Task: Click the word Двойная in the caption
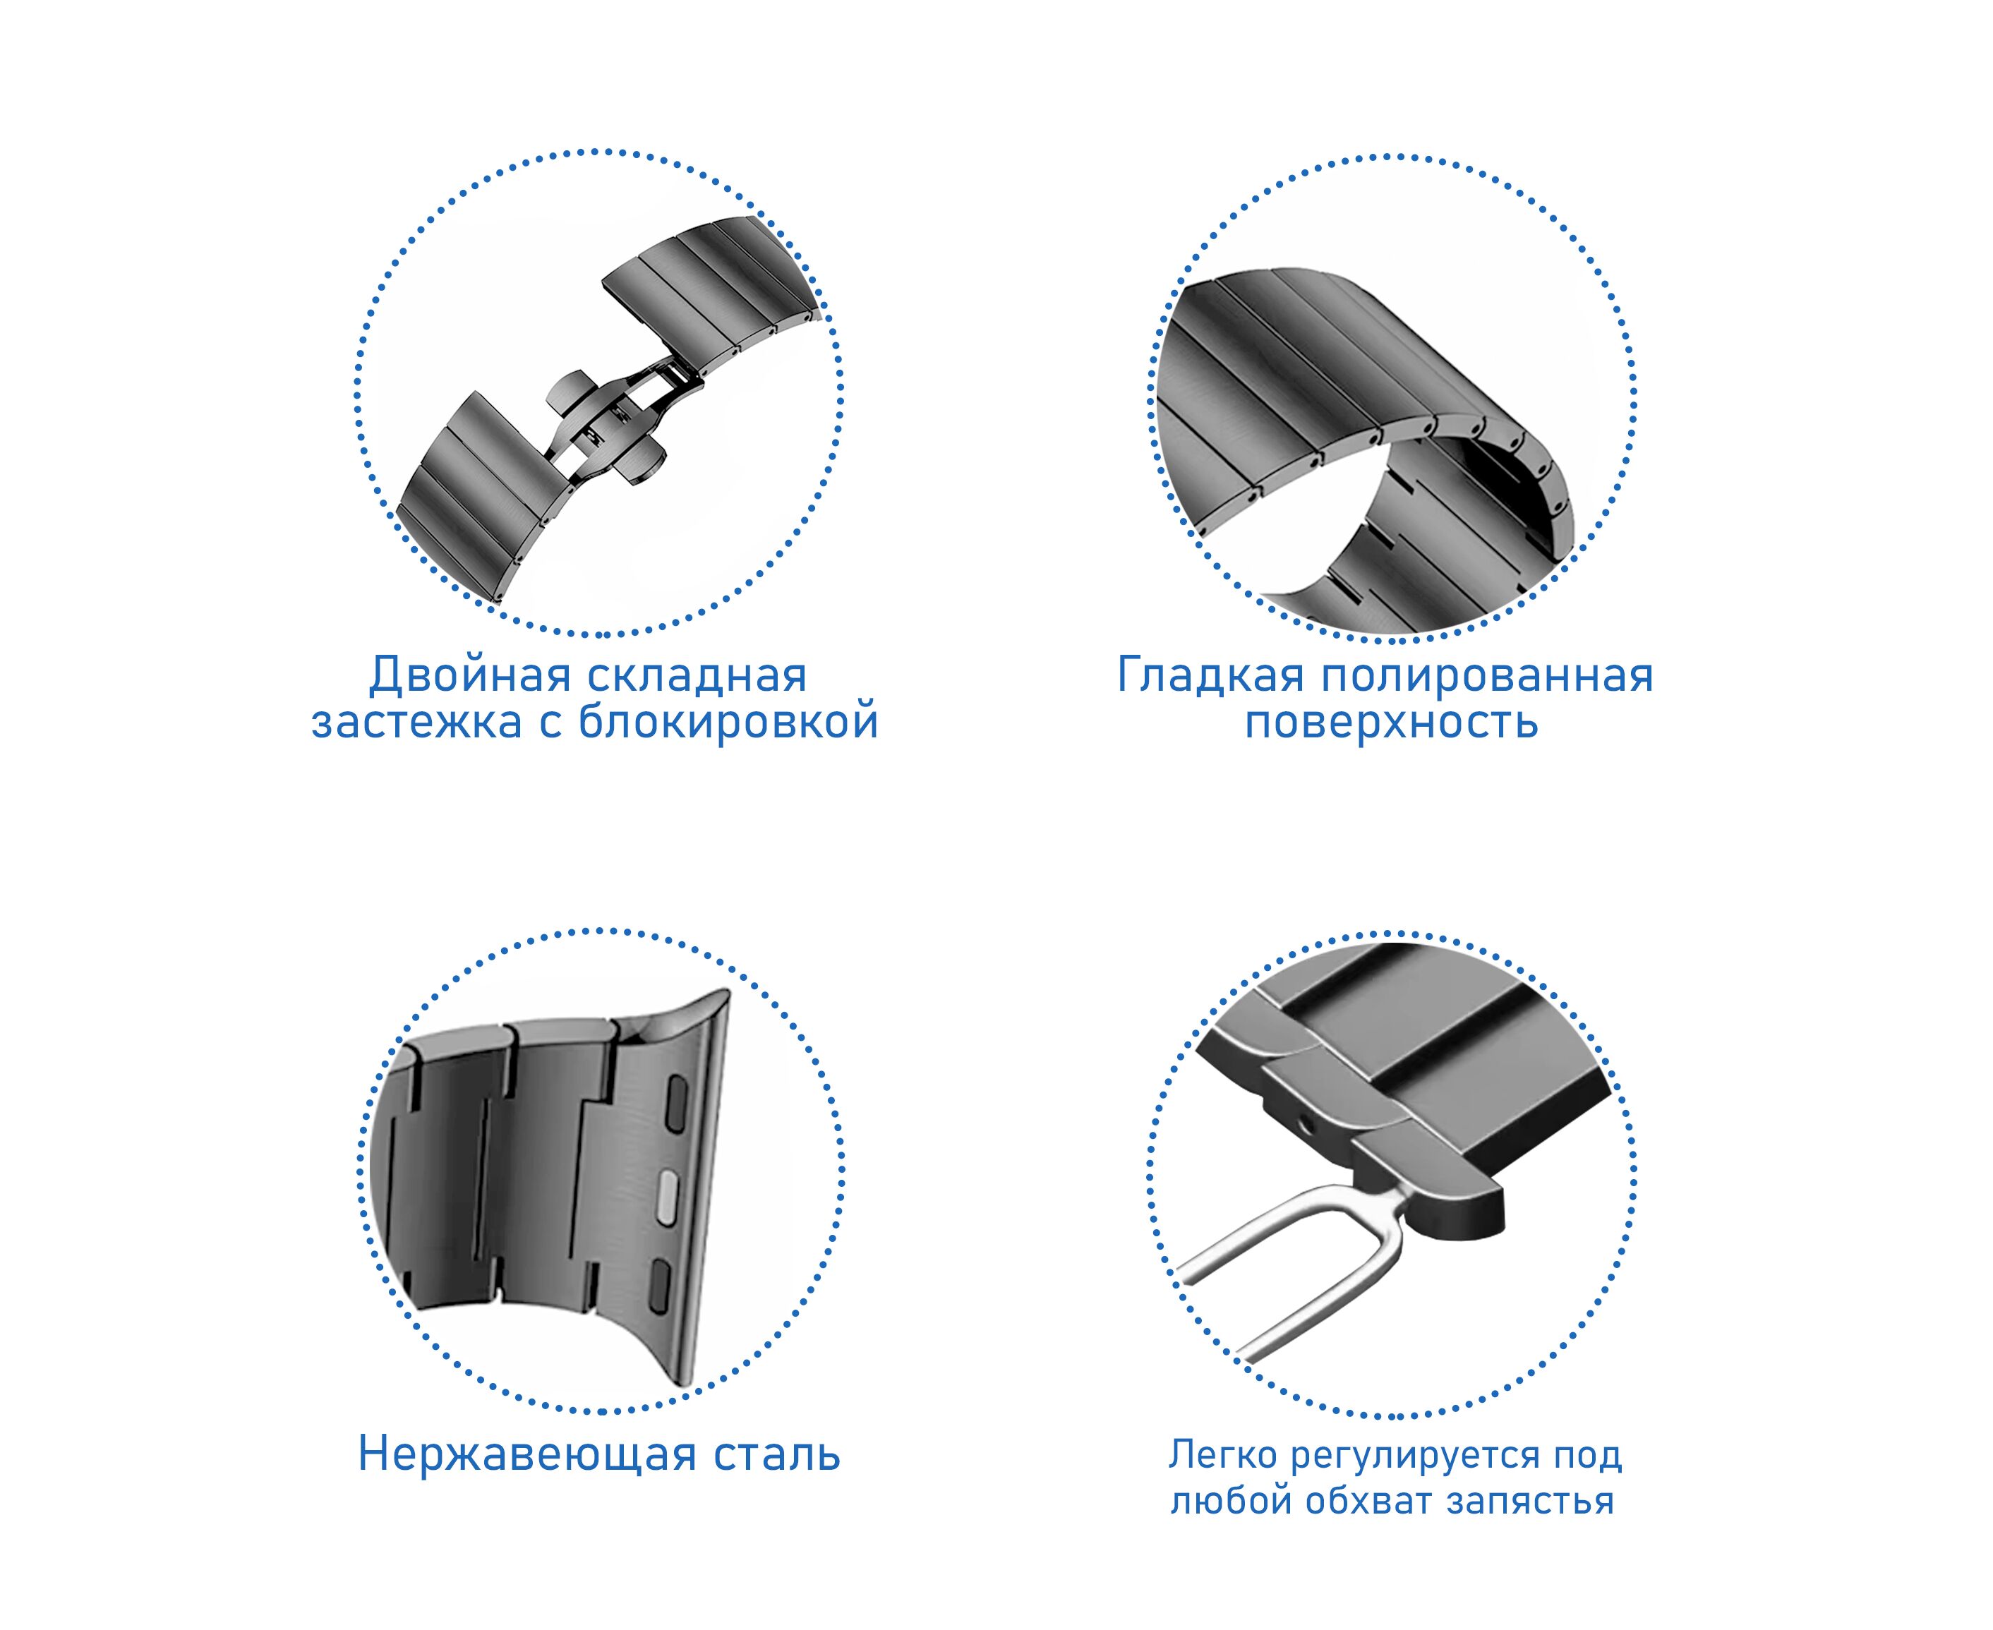coord(469,677)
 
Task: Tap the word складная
coord(697,677)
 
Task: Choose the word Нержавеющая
coord(528,1455)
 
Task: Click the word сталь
coord(777,1454)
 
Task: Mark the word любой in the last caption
coord(1227,1500)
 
